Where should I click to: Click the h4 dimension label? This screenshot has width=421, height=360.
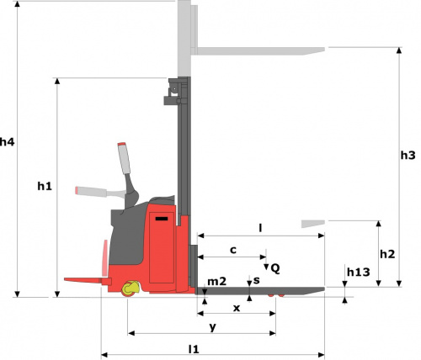click(x=7, y=142)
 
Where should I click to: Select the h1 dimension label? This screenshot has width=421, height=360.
click(x=45, y=186)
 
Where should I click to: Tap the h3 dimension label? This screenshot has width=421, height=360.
click(x=408, y=155)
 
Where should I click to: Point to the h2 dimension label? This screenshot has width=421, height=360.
click(x=387, y=254)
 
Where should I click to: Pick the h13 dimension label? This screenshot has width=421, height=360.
click(x=359, y=272)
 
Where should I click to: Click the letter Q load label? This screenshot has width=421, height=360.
click(x=275, y=268)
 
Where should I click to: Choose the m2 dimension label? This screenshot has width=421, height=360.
click(x=216, y=281)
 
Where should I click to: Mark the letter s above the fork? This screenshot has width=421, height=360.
click(x=257, y=280)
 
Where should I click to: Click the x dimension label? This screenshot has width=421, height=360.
click(x=237, y=308)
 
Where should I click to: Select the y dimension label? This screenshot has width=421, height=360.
click(x=213, y=327)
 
